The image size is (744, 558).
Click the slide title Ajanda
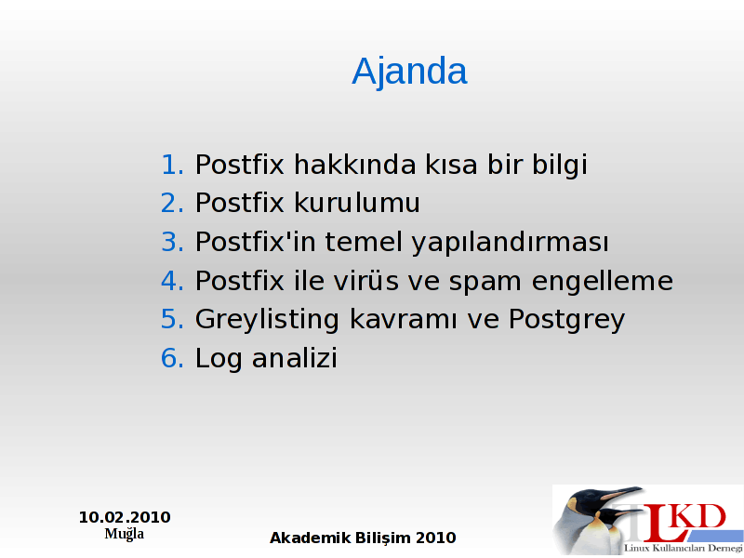click(409, 72)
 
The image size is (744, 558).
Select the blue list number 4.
click(172, 281)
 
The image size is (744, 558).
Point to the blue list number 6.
click(172, 358)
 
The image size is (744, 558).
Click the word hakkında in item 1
click(355, 165)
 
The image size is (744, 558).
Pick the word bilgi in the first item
click(560, 166)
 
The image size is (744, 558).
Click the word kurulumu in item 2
click(357, 203)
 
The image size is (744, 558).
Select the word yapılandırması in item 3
click(510, 243)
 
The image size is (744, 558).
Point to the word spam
click(485, 283)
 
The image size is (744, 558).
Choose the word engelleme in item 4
click(602, 282)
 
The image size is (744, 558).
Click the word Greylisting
click(267, 320)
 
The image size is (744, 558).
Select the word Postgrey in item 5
click(566, 320)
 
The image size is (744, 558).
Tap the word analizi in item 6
click(294, 358)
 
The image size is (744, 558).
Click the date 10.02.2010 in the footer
click(125, 517)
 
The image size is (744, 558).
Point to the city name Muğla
click(125, 534)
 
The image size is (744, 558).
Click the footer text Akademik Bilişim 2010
click(363, 538)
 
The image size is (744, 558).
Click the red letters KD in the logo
click(698, 517)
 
